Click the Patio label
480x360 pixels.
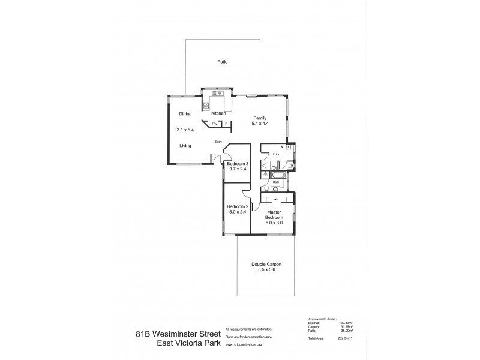click(222, 62)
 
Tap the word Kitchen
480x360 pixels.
click(218, 113)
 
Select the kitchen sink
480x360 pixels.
click(217, 93)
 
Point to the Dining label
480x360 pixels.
click(185, 113)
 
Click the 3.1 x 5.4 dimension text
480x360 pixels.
click(186, 130)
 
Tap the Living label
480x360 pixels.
click(185, 145)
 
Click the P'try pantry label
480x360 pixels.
click(214, 124)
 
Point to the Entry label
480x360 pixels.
click(219, 142)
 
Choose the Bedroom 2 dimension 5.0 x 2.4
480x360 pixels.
click(238, 211)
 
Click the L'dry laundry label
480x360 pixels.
click(276, 155)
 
